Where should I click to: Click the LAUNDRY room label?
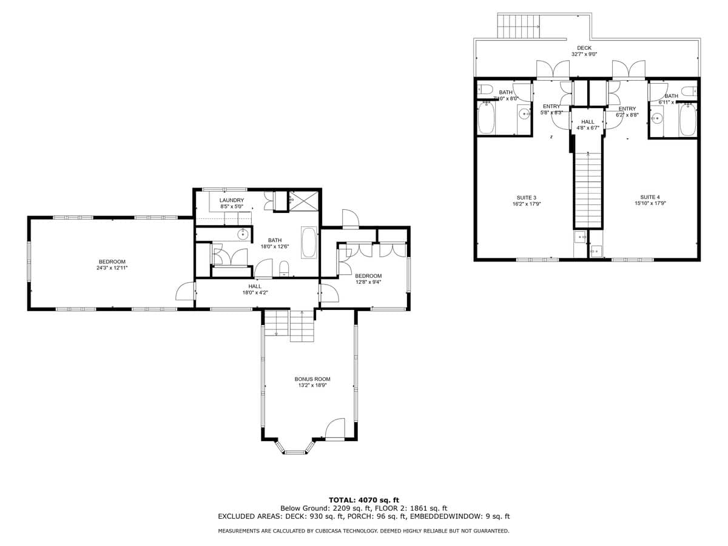[x=232, y=200]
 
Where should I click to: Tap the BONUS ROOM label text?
[x=312, y=379]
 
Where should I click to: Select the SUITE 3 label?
[x=527, y=197]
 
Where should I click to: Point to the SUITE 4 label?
[x=649, y=197]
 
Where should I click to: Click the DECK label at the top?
[x=584, y=48]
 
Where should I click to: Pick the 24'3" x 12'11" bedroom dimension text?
[x=112, y=268]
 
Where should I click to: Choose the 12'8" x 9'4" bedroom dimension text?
[x=368, y=281]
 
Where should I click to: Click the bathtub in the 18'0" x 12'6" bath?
[x=309, y=242]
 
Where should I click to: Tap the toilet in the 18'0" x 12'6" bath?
[x=283, y=269]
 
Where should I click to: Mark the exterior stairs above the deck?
[x=519, y=25]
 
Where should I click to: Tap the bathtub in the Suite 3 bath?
[x=487, y=118]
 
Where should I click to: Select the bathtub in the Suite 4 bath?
[x=687, y=120]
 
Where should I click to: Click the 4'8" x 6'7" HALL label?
[x=588, y=124]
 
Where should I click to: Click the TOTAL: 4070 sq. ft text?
[x=364, y=499]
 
